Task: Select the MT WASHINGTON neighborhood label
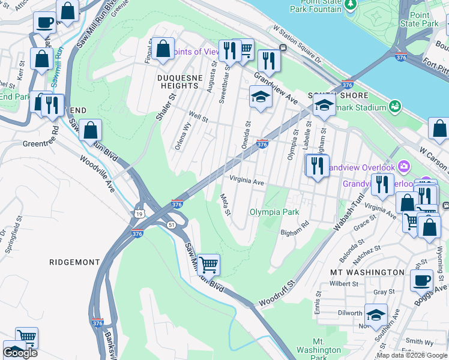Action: point(367,272)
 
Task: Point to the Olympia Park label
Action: point(274,212)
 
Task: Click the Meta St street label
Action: point(225,204)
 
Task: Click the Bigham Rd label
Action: point(294,229)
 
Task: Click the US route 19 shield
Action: point(139,213)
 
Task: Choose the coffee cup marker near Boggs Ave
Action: point(421,279)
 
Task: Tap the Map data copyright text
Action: point(412,355)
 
